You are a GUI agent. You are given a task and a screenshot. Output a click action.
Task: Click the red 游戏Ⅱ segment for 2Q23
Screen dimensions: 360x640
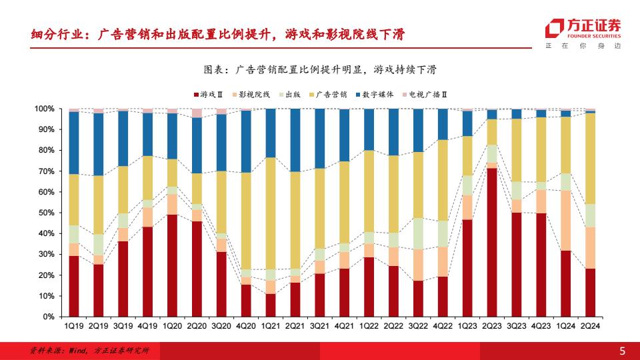click(492, 242)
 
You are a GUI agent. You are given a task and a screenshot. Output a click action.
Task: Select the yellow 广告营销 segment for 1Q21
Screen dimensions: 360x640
click(270, 213)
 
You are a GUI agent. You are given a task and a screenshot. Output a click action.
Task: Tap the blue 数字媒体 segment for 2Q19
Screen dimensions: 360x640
click(99, 144)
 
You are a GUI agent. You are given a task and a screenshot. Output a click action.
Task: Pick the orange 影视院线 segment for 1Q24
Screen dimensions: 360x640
click(565, 221)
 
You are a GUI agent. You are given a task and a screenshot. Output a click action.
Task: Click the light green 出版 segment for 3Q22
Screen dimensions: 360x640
click(418, 233)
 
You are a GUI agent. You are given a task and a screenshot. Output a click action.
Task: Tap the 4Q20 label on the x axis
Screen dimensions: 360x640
click(246, 326)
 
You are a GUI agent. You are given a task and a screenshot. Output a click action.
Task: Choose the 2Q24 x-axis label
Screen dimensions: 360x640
click(590, 326)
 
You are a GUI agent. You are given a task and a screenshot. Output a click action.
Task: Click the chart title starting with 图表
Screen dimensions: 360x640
click(319, 69)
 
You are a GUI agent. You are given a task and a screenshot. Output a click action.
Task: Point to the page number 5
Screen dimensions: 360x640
click(623, 351)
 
